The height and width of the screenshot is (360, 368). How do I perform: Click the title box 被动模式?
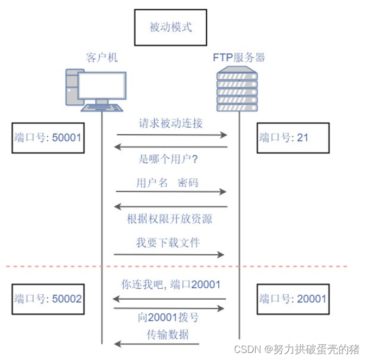pyautogui.click(x=170, y=27)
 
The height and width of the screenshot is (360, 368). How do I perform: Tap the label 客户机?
pyautogui.click(x=101, y=57)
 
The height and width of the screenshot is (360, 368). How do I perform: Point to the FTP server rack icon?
pyautogui.click(x=237, y=90)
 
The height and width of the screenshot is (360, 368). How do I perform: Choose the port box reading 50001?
pyautogui.click(x=47, y=138)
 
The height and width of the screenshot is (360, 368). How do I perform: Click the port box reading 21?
pyautogui.click(x=292, y=138)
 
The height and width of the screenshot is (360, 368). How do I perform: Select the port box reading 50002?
pyautogui.click(x=47, y=299)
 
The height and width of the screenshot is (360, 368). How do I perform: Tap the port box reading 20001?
pyautogui.click(x=292, y=299)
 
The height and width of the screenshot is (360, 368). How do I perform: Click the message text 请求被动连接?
pyautogui.click(x=170, y=123)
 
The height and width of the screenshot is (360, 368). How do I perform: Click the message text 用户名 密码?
pyautogui.click(x=167, y=182)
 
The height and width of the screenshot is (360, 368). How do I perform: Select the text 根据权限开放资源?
pyautogui.click(x=169, y=219)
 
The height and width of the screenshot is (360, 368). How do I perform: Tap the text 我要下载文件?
pyautogui.click(x=168, y=242)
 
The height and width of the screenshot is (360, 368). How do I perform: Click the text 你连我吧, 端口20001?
pyautogui.click(x=170, y=285)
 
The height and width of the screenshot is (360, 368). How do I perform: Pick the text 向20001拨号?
pyautogui.click(x=167, y=319)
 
